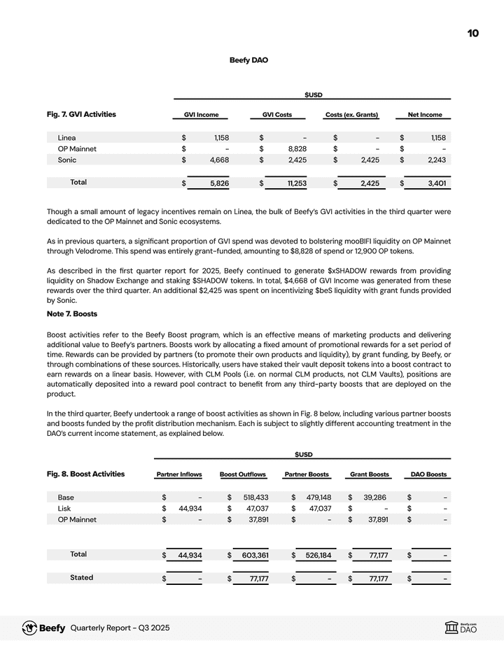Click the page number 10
(473, 34)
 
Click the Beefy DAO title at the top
(248, 60)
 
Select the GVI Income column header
(201, 115)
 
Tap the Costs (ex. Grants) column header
(351, 115)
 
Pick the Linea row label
(67, 137)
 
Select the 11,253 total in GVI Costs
(293, 183)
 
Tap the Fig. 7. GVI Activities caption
(81, 114)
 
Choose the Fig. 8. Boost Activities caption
(85, 474)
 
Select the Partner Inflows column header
(178, 474)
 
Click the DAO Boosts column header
(427, 474)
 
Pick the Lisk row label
(66, 509)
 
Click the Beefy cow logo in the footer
(30, 628)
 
